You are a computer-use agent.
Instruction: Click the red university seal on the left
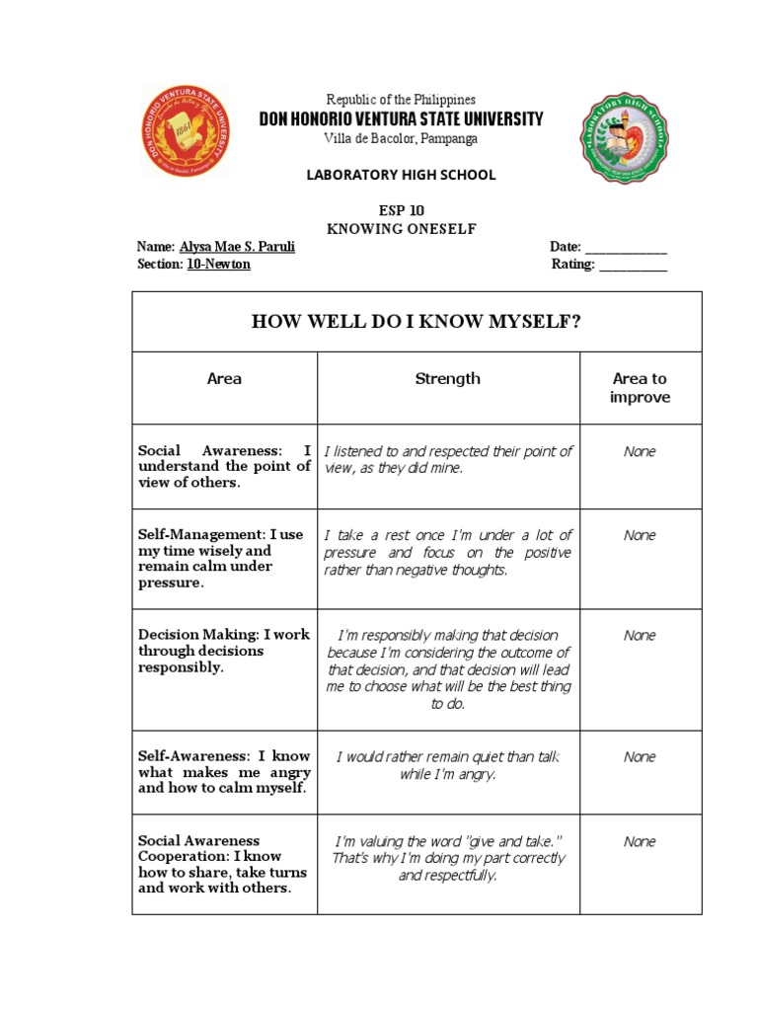186,131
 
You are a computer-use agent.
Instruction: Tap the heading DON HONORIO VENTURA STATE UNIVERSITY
401,119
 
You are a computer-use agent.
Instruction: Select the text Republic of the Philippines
401,100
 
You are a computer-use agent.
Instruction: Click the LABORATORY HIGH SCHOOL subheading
401,175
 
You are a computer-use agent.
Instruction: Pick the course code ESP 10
401,211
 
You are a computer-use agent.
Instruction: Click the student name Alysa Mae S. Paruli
237,247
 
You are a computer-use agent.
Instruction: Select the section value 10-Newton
218,265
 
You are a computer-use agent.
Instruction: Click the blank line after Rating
633,266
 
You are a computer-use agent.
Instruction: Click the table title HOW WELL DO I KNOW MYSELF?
417,322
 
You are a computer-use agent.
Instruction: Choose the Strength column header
447,378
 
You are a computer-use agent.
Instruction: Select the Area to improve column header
640,387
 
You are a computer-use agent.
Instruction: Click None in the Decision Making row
640,636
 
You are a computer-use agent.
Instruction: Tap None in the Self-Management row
640,535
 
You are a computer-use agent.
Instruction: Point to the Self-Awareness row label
224,772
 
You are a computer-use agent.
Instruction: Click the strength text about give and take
448,858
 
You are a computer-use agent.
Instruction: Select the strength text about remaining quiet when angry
448,765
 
